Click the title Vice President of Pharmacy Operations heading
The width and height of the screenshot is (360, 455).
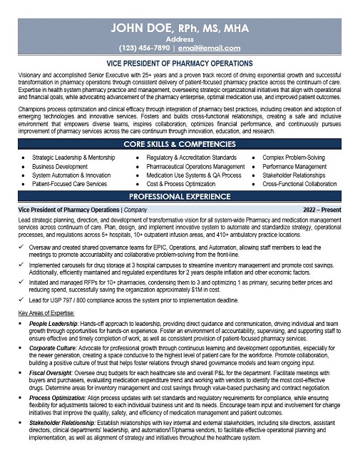click(x=180, y=64)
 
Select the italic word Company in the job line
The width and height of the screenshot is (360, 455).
click(x=135, y=210)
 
